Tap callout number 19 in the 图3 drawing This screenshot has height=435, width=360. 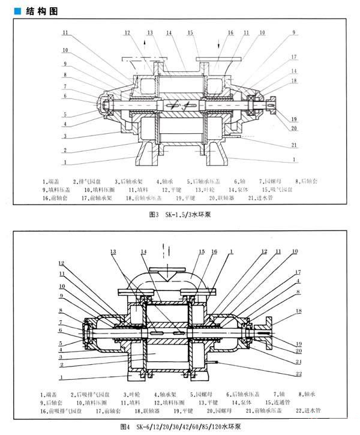click(295, 119)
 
